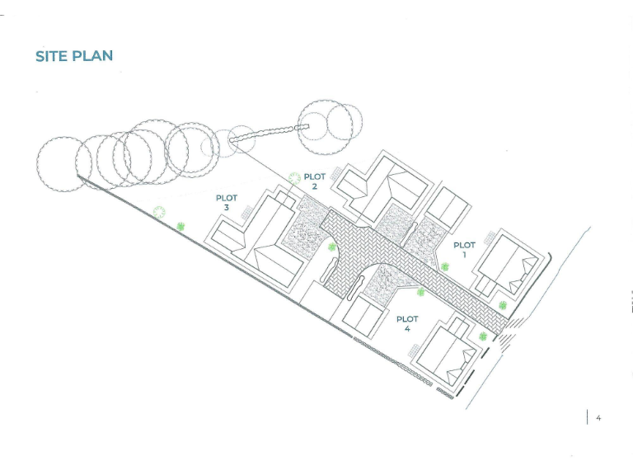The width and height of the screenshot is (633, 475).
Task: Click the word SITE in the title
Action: (52, 56)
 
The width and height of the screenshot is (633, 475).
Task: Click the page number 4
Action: (598, 418)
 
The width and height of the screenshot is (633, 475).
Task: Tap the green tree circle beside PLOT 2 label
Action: (293, 177)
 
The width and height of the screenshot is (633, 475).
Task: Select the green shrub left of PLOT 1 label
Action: (444, 266)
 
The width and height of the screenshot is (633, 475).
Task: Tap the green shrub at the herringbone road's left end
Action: (332, 247)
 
